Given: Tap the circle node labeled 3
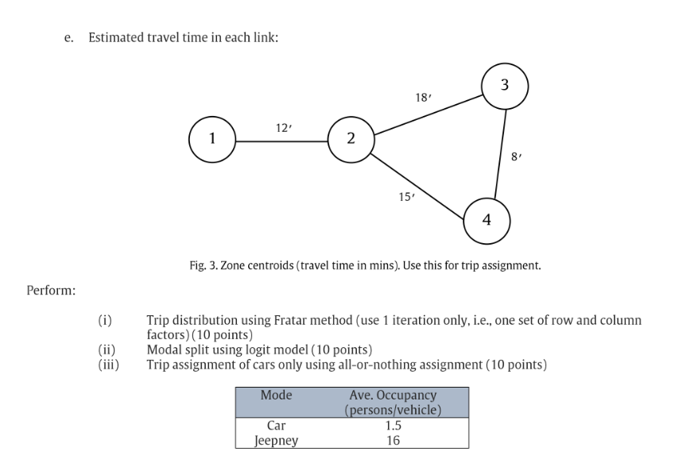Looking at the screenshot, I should click(x=505, y=84).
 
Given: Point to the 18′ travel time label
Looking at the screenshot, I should click(x=423, y=97).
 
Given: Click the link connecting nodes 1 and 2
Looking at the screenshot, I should click(x=281, y=141).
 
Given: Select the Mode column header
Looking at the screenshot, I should click(x=276, y=395).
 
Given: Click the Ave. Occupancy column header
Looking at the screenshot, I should click(x=393, y=402).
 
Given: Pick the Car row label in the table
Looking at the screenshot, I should click(x=276, y=425).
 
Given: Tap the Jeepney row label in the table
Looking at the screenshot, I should click(x=276, y=440).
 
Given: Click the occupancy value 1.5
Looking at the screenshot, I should click(x=393, y=425).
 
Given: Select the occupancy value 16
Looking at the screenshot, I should click(x=393, y=440).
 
